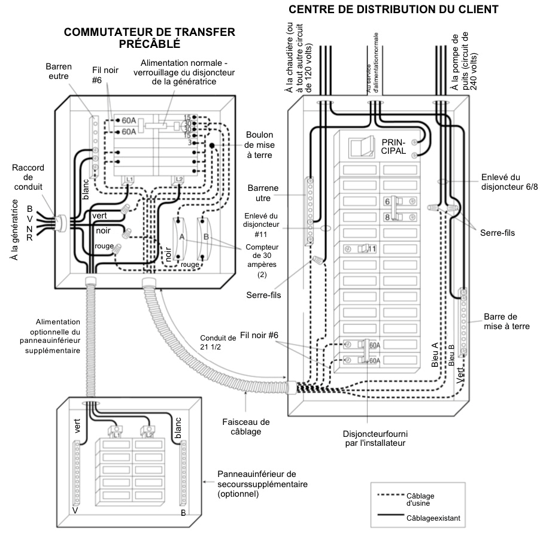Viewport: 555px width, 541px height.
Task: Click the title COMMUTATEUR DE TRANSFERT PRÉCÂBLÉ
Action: (x=149, y=38)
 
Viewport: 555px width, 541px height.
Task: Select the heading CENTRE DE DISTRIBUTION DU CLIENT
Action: (x=393, y=10)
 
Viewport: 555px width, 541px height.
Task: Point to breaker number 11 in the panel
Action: (x=362, y=248)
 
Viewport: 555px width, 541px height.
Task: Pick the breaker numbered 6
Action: (x=396, y=202)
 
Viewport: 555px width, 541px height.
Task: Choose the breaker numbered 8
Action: (x=396, y=217)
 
